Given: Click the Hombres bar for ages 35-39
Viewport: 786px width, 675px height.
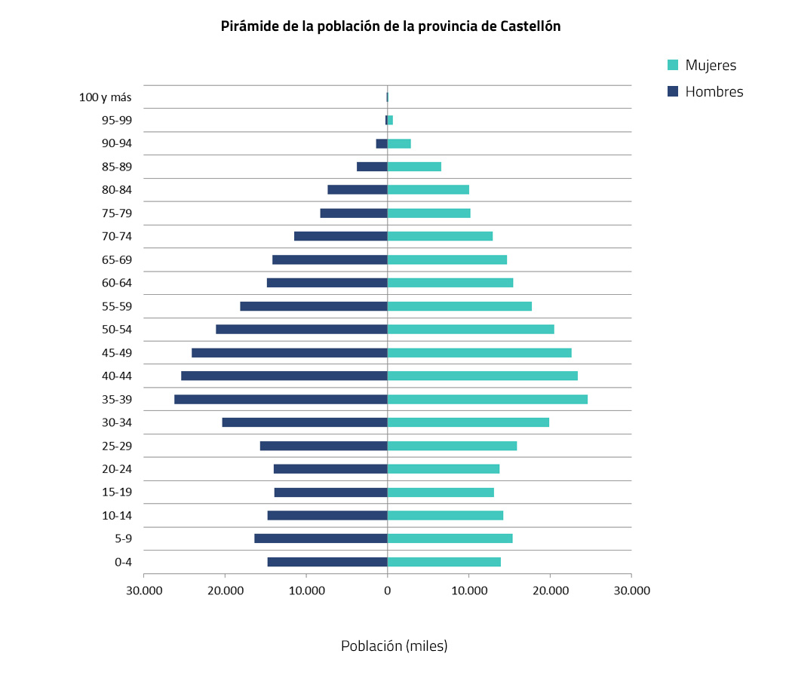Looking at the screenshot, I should pyautogui.click(x=281, y=399).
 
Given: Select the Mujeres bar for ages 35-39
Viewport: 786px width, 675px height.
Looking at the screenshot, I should pyautogui.click(x=487, y=399).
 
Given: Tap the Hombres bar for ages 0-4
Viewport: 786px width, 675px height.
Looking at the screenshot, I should pyautogui.click(x=327, y=562).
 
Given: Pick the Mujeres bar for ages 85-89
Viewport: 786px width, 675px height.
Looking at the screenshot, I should pyautogui.click(x=414, y=167).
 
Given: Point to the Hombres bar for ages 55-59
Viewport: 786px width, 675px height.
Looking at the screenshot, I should pyautogui.click(x=314, y=306).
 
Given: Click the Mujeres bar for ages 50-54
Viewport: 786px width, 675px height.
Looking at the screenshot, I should pyautogui.click(x=471, y=330).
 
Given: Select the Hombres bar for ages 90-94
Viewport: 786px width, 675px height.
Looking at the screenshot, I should pyautogui.click(x=382, y=143).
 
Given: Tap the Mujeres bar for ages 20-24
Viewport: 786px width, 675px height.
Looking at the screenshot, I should pyautogui.click(x=444, y=469).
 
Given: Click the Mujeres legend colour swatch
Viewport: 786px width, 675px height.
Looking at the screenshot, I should pyautogui.click(x=674, y=66).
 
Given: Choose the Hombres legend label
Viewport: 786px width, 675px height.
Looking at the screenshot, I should pyautogui.click(x=714, y=92).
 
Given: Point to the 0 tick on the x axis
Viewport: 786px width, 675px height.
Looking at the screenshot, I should pyautogui.click(x=388, y=591).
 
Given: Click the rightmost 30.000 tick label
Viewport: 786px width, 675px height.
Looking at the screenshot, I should pyautogui.click(x=631, y=591).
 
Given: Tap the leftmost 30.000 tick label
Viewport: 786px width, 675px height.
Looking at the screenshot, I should pyautogui.click(x=144, y=591).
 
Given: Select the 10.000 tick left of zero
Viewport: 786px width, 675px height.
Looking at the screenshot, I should pyautogui.click(x=306, y=591).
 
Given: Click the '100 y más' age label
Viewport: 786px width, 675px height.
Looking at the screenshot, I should pyautogui.click(x=105, y=97).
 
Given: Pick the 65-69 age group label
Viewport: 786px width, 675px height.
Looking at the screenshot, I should pyautogui.click(x=117, y=260).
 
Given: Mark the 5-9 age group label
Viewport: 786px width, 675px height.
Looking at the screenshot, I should pyautogui.click(x=122, y=538).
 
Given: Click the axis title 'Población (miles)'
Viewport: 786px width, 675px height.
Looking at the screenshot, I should pyautogui.click(x=394, y=646).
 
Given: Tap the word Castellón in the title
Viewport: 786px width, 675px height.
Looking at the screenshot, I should pyautogui.click(x=530, y=26).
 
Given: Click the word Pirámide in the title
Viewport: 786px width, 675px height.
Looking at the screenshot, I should pyautogui.click(x=247, y=26).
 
